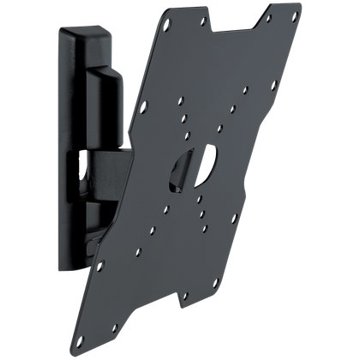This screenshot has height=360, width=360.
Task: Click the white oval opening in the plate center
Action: point(204,166)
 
